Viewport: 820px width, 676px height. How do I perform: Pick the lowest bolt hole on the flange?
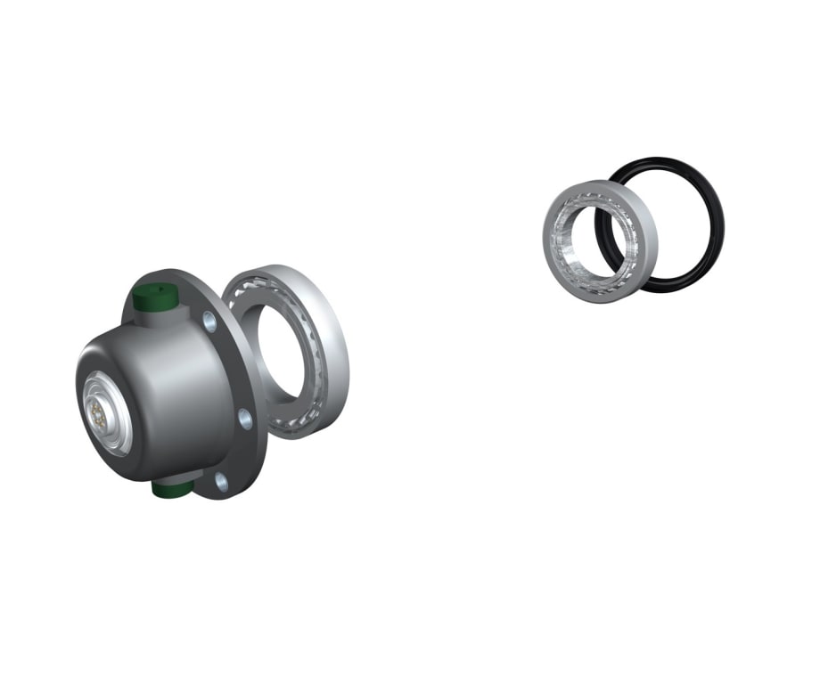[222, 483]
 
